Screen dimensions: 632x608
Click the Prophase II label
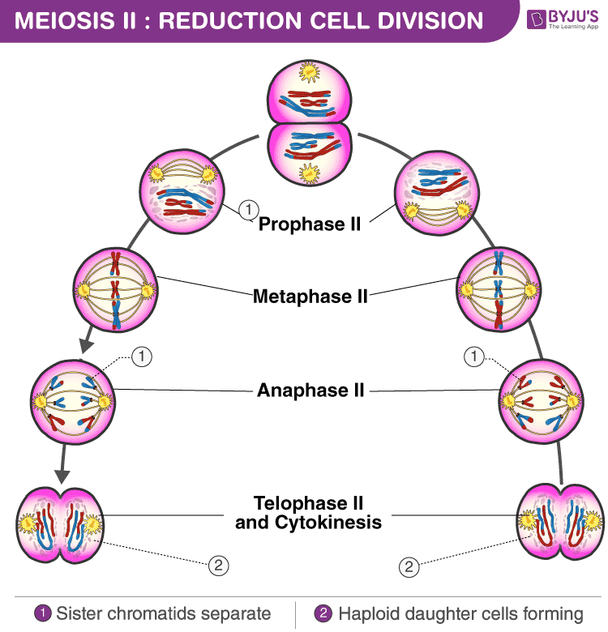(x=309, y=224)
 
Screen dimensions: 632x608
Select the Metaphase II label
(x=310, y=297)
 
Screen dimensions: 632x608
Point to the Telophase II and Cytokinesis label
(x=308, y=513)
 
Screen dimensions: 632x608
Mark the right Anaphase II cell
(x=541, y=397)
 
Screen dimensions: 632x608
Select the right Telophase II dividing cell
(x=560, y=523)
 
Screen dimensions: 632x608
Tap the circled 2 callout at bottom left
(x=217, y=566)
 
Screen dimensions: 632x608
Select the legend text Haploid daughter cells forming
(x=460, y=613)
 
